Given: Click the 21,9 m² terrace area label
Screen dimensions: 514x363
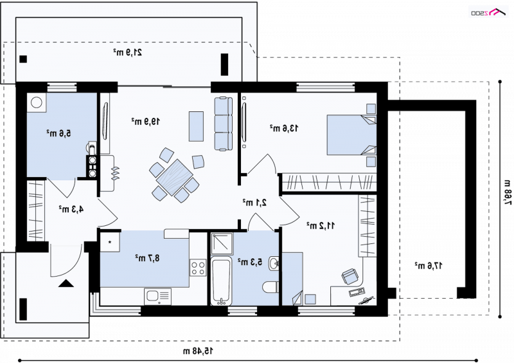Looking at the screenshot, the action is [128, 52].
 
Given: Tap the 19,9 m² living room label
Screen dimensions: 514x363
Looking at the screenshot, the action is [146, 121].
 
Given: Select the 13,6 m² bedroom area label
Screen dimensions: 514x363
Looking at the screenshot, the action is [284, 128].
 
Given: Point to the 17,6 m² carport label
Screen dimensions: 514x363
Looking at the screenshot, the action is [429, 265].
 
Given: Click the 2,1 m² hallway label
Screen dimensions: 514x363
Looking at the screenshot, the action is [254, 202].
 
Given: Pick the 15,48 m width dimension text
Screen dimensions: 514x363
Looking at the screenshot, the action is [198, 351].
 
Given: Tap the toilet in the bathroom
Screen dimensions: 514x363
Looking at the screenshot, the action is [270, 287].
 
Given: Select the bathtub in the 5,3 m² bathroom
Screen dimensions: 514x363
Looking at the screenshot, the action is [221, 281].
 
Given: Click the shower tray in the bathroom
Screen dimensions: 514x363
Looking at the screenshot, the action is [222, 244].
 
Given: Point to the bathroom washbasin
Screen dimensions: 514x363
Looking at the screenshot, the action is [274, 263].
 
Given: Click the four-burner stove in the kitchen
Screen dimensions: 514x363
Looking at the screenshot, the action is [198, 267].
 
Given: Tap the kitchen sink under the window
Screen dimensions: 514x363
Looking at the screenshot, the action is [157, 297].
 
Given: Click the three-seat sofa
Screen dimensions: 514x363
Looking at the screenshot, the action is [223, 124].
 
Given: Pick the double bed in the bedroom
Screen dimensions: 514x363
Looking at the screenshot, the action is [351, 135].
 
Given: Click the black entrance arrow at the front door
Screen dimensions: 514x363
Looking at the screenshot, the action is [66, 283].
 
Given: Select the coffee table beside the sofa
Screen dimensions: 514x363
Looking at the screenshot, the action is [196, 127].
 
